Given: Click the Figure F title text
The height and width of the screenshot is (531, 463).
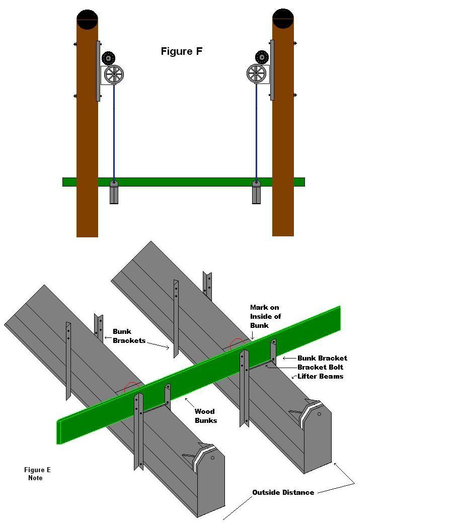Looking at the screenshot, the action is click(182, 51).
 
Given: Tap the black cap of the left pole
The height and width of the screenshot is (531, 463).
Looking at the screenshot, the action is click(88, 19).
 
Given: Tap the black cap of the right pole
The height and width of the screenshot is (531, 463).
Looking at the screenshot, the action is click(283, 18).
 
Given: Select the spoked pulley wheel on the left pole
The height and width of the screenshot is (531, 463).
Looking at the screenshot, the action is click(114, 74).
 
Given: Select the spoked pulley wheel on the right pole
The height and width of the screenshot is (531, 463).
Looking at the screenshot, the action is click(257, 73).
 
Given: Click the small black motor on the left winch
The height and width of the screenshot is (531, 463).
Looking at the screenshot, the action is click(109, 58).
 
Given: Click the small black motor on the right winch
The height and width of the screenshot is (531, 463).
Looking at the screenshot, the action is click(262, 57).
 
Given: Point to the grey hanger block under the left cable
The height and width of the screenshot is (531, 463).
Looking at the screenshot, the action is click(114, 192).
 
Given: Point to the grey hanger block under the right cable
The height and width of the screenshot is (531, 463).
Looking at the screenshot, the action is click(257, 192).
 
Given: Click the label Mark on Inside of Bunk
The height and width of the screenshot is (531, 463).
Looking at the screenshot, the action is click(265, 316).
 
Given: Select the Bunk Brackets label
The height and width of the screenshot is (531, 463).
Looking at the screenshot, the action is click(129, 336).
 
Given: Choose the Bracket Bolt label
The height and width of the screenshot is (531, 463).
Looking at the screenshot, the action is click(320, 367).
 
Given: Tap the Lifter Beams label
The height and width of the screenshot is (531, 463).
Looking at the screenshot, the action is click(320, 376).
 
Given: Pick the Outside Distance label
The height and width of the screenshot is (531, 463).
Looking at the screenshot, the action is click(283, 492).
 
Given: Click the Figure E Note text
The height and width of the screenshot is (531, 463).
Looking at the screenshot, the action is click(37, 474).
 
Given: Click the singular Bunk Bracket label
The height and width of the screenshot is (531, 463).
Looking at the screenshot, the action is click(322, 358).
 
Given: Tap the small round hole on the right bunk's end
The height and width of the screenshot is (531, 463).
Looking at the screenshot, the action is click(319, 414).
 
